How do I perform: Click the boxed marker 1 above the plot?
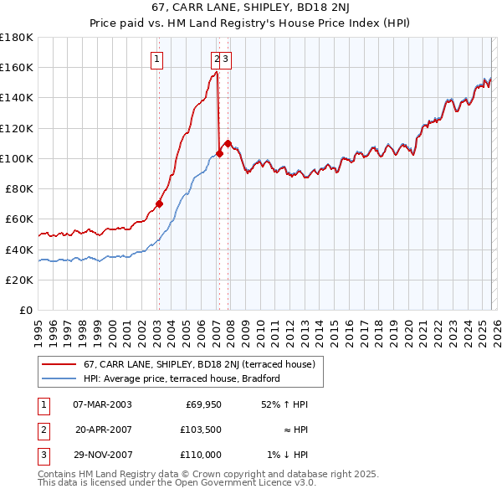click(x=157, y=59)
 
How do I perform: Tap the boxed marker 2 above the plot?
click(x=217, y=59)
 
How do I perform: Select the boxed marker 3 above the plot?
click(x=227, y=59)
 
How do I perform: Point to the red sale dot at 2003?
click(x=159, y=203)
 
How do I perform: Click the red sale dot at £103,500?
click(x=220, y=153)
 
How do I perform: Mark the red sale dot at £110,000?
click(x=228, y=143)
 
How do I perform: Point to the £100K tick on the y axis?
click(x=17, y=158)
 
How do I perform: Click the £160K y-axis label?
click(x=17, y=67)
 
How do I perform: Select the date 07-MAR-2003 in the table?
click(x=102, y=404)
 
